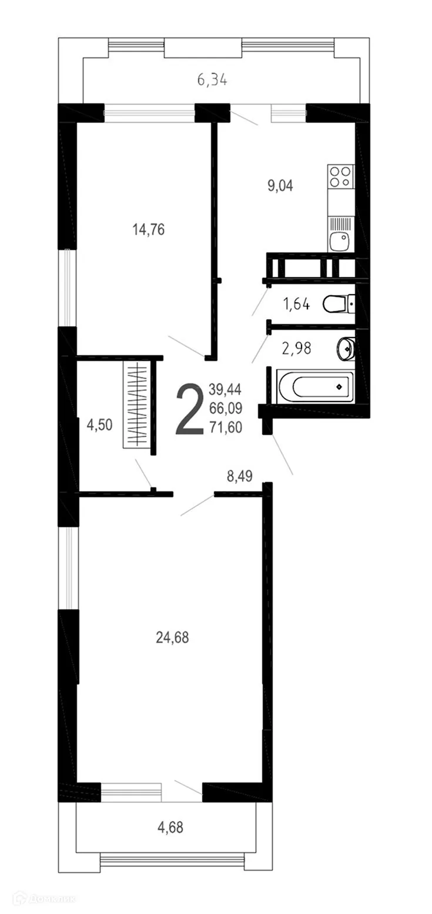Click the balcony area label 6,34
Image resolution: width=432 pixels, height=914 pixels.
[212, 80]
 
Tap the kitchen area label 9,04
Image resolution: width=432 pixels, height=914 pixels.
[280, 186]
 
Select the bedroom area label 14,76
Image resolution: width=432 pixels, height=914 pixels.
[148, 229]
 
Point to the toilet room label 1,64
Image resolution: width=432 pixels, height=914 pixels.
[296, 304]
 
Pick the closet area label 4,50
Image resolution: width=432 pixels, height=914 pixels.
[99, 424]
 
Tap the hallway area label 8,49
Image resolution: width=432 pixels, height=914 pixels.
[240, 476]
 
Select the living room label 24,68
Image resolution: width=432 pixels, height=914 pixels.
[172, 637]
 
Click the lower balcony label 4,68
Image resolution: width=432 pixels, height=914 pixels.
[170, 828]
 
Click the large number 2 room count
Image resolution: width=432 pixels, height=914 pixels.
[189, 409]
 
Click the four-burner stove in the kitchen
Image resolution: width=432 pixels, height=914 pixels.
[341, 176]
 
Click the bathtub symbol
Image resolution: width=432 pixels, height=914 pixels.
[314, 386]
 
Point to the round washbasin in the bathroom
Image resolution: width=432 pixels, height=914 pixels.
[347, 348]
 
